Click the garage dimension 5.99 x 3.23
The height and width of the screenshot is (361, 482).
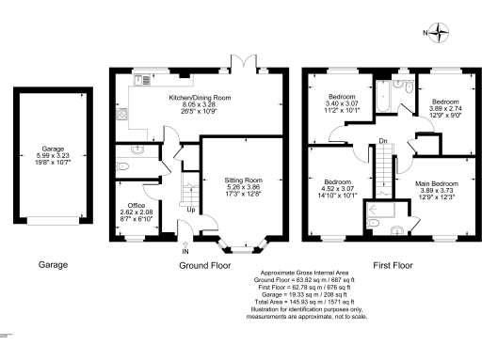(x=53, y=155)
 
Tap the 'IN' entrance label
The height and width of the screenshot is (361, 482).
(x=185, y=252)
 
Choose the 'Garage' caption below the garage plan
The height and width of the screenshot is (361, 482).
(x=53, y=266)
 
